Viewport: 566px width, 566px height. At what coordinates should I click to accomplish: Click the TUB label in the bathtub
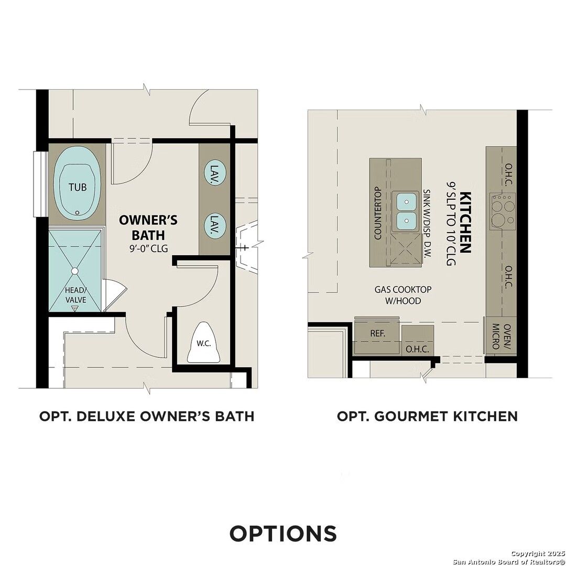(x=78, y=187)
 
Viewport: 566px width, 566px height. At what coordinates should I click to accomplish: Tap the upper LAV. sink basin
(x=214, y=171)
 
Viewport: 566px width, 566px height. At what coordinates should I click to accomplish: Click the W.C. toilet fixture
(x=203, y=343)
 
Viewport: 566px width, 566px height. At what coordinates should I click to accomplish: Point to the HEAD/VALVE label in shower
(x=75, y=295)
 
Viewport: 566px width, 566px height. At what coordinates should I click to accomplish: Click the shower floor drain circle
(x=74, y=271)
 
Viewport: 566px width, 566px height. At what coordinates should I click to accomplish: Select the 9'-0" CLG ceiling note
(x=149, y=249)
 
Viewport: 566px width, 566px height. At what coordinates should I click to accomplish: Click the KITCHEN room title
(x=464, y=223)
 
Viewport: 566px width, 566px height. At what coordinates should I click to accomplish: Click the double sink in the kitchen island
(x=406, y=211)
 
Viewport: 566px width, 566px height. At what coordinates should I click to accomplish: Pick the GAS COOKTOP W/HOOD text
(x=397, y=295)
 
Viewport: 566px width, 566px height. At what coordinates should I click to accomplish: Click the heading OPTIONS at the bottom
(x=283, y=533)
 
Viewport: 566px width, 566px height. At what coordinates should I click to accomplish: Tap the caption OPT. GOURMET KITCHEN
(x=427, y=416)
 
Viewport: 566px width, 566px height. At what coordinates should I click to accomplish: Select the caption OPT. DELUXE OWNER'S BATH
(x=147, y=416)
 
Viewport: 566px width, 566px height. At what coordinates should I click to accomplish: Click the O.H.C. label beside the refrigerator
(x=417, y=349)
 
